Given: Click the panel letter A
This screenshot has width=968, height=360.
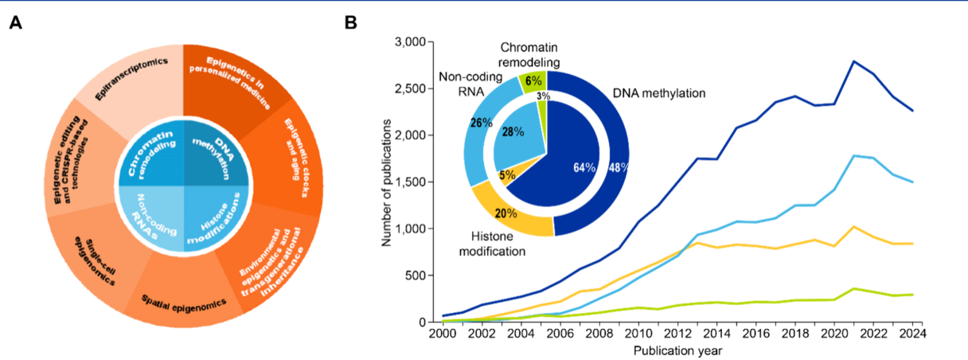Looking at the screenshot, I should point(15,23).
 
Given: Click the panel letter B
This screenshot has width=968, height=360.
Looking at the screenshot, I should point(350,23).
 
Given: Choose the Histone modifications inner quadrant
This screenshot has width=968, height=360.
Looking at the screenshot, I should point(216,220).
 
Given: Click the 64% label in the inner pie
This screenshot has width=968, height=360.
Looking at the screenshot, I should point(584,167).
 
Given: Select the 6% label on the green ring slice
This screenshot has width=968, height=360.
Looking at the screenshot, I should point(533,80).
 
